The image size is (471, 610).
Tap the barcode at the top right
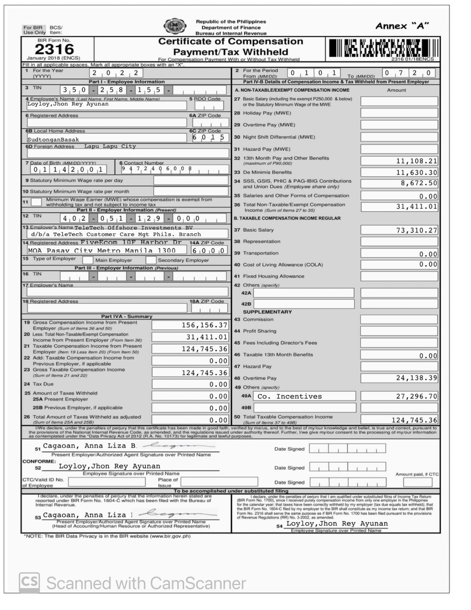[384, 48]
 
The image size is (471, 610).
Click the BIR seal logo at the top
[175, 26]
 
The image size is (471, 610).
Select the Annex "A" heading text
[402, 26]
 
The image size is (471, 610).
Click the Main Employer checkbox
[88, 260]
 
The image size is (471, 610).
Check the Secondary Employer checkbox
[151, 260]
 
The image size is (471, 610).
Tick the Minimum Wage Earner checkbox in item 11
[36, 202]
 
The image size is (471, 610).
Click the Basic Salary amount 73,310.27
[416, 230]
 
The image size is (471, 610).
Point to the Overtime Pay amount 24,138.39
[416, 378]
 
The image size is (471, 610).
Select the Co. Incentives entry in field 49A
[290, 396]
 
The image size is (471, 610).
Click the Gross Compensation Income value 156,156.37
[204, 325]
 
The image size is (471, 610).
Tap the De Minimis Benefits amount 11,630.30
[416, 172]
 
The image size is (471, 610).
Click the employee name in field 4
[68, 104]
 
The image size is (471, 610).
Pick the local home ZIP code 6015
[208, 137]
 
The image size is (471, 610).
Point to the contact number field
[175, 169]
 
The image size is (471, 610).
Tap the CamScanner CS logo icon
[29, 583]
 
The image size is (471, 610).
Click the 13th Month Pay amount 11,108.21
[416, 161]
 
